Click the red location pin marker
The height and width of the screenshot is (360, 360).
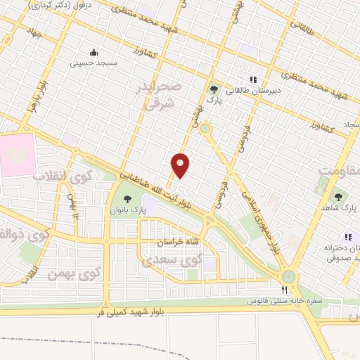click(x=181, y=165)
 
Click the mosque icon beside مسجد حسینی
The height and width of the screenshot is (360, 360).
click(x=95, y=52)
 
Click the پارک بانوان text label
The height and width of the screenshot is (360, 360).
click(x=129, y=210)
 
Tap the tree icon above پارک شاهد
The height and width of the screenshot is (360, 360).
click(x=340, y=198)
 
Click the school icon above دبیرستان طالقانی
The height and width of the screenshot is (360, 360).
click(x=253, y=79)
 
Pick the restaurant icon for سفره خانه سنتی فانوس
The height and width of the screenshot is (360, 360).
click(x=284, y=290)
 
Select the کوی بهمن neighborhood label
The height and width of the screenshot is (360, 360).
click(x=75, y=271)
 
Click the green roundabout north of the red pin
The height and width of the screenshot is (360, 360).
click(x=205, y=129)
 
